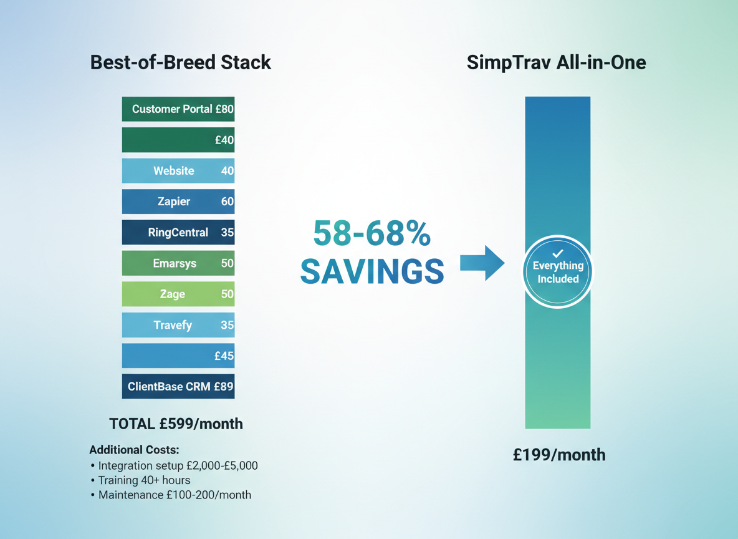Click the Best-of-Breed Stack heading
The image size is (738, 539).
181,62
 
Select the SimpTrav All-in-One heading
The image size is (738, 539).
556,62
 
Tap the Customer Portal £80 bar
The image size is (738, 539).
178,109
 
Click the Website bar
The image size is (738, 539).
178,171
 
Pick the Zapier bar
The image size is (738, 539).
178,202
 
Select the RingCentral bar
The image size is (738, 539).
178,233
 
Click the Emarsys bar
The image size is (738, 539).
178,263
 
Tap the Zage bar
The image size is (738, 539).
178,294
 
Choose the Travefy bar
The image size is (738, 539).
178,325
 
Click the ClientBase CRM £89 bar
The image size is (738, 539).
178,387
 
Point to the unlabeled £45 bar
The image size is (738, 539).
178,356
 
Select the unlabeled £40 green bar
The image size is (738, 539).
178,140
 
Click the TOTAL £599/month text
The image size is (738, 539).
176,424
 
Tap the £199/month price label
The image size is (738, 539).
559,455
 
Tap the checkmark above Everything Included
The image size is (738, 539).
558,253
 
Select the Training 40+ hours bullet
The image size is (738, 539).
144,480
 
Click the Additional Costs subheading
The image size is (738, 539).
133,450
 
